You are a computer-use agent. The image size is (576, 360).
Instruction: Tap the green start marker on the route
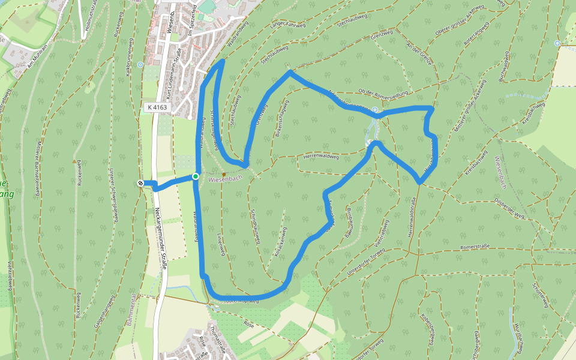coord(196,176)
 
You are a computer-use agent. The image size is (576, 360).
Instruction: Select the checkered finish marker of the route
coord(140,183)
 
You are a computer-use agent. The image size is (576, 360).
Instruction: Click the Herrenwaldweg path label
coord(322,157)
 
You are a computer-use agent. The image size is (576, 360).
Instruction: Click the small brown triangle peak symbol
coord(74,161)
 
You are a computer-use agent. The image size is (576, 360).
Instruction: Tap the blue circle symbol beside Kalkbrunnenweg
coord(140,65)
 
